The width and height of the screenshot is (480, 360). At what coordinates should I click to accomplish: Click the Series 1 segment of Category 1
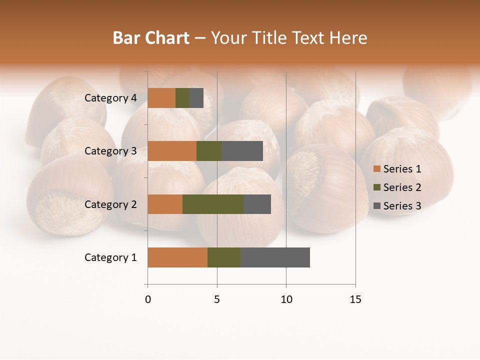click(177, 257)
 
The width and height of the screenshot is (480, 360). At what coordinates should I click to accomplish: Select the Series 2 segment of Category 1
click(224, 257)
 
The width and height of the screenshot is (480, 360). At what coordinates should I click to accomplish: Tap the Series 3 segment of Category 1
click(275, 257)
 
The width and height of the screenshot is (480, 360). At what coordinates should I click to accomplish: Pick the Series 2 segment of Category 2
click(213, 204)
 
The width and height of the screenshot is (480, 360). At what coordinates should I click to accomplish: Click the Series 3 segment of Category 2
click(257, 204)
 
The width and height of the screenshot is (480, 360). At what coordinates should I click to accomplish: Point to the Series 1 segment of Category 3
click(172, 151)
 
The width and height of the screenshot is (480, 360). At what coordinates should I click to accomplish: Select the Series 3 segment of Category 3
click(242, 151)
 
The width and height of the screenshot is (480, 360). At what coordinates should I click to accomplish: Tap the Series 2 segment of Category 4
click(182, 98)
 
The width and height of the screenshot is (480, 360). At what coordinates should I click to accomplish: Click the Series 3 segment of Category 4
click(196, 98)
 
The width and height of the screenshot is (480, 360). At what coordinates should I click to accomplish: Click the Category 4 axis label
click(110, 98)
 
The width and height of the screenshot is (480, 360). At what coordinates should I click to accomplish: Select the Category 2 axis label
click(110, 204)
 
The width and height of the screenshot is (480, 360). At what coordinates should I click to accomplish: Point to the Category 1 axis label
click(110, 257)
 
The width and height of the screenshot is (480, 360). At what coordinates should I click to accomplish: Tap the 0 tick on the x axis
click(148, 299)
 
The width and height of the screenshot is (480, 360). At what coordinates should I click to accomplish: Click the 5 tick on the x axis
click(217, 299)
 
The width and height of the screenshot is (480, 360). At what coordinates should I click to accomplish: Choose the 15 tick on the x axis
click(355, 299)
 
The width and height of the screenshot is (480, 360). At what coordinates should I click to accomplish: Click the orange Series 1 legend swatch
click(376, 169)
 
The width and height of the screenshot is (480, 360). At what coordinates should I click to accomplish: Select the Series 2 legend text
click(402, 187)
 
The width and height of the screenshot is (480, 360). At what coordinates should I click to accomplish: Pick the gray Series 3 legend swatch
click(376, 206)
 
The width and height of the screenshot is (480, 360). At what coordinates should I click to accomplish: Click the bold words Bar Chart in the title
click(151, 38)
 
